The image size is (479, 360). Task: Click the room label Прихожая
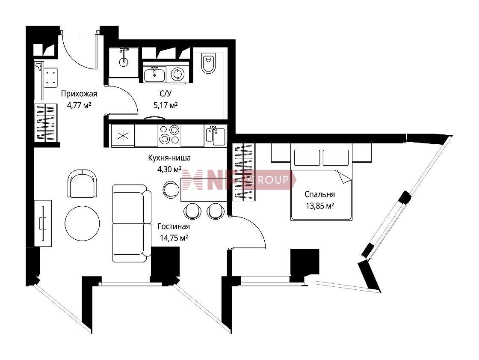point(79,94)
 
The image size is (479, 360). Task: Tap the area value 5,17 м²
point(166,106)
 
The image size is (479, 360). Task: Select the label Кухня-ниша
point(169,158)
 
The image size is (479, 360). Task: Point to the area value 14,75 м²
point(174,238)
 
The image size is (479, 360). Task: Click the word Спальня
point(319,194)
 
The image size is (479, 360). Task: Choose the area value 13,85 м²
point(319,206)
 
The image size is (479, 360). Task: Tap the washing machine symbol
point(177,74)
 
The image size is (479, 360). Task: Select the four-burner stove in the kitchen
point(169,136)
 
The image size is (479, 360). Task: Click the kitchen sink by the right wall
point(216,136)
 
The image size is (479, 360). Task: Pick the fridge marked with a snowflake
point(123,136)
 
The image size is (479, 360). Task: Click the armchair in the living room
point(83,184)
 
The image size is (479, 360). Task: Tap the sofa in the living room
point(132,223)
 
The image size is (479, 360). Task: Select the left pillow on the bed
point(307,158)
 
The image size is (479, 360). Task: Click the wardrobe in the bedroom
point(243,172)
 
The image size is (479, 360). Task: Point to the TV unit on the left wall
point(43,223)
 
